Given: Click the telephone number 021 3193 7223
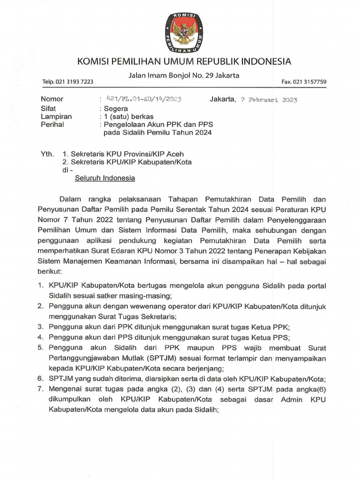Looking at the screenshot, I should (x=68, y=82).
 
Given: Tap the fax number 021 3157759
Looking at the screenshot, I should (x=304, y=82).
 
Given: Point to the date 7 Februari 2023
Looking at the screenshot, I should (x=268, y=100).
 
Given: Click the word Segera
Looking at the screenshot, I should (x=117, y=108).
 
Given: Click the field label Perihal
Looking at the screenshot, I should (x=52, y=124).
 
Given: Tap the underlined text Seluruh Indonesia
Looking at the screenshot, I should (x=105, y=178).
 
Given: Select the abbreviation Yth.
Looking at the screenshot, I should (x=47, y=154).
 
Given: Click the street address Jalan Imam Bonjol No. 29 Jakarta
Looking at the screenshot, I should (x=184, y=75).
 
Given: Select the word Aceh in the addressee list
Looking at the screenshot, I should (x=174, y=154).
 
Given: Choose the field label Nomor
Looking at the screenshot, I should (x=52, y=99).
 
